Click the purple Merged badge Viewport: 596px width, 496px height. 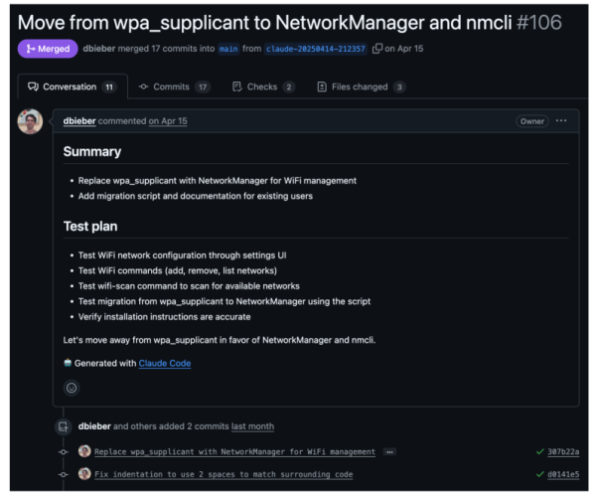[x=48, y=49]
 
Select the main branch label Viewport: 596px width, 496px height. [x=228, y=49]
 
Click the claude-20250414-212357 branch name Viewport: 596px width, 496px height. [x=316, y=49]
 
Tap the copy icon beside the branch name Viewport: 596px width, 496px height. [x=377, y=49]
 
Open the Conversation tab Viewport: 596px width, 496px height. [x=73, y=87]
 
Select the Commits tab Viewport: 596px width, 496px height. [x=174, y=87]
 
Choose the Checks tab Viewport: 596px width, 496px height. [x=263, y=87]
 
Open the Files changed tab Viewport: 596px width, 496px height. [x=362, y=87]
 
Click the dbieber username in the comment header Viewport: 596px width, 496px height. [x=79, y=121]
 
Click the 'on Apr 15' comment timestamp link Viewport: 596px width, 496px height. [x=168, y=121]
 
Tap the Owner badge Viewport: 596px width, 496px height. [x=532, y=121]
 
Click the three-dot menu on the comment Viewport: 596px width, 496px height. [x=561, y=121]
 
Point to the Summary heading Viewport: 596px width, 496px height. [x=92, y=151]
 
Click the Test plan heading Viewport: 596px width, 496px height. [x=90, y=227]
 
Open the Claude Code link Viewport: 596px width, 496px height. [x=165, y=363]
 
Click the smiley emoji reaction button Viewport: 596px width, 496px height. [x=72, y=388]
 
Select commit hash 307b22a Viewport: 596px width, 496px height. [x=563, y=452]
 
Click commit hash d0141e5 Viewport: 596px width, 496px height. [x=563, y=474]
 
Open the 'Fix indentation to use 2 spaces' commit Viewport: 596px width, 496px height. [x=223, y=474]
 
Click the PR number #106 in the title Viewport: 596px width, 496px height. [x=539, y=23]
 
